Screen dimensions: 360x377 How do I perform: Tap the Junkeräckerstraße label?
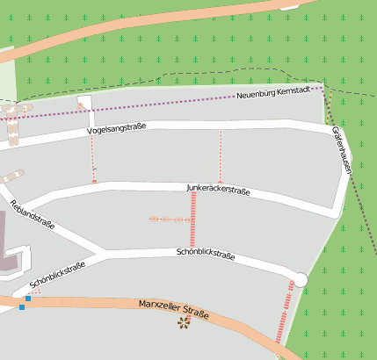point(219,189)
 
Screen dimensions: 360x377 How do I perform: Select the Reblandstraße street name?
point(32,214)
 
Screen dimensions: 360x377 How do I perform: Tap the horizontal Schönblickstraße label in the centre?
point(205,255)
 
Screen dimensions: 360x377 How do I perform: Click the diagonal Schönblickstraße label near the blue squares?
point(57,275)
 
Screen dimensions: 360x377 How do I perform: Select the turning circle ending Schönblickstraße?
point(301,279)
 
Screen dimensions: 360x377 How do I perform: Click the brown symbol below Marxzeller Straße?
point(184,324)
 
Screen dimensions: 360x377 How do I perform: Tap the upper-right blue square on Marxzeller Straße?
point(29,299)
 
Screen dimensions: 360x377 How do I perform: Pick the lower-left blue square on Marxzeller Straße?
point(21,308)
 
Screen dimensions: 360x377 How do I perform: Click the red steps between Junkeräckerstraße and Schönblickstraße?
point(193,220)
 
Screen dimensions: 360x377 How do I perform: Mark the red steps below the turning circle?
point(286,312)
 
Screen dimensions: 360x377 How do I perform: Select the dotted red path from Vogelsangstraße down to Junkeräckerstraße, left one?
point(92,158)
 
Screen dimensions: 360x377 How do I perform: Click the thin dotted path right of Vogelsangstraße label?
point(220,155)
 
